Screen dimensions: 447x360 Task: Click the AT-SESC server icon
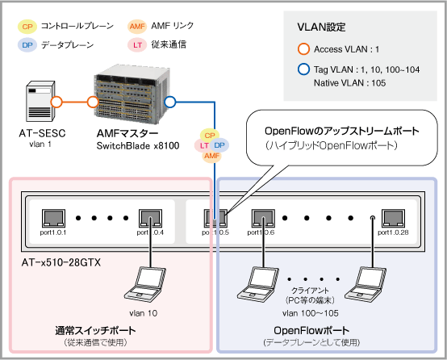click(x=40, y=102)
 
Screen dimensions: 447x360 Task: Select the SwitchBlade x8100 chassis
click(x=132, y=94)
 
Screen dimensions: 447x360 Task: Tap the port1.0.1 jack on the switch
click(x=53, y=219)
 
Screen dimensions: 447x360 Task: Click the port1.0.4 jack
click(x=150, y=219)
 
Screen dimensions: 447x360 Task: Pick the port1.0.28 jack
click(x=393, y=219)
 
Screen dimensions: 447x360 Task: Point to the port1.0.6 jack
click(x=263, y=219)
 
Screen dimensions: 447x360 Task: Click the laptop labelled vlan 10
click(x=145, y=285)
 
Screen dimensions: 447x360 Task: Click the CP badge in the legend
click(x=27, y=27)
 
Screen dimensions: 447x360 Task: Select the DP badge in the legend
click(x=27, y=45)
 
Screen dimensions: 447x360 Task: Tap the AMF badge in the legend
click(x=137, y=27)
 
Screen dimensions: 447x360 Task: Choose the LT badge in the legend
click(x=137, y=45)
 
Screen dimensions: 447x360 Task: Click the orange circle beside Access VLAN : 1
click(x=303, y=48)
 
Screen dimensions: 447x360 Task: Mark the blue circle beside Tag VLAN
click(x=303, y=69)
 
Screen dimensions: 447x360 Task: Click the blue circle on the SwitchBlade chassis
click(x=170, y=102)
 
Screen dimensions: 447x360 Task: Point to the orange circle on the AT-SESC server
click(x=56, y=102)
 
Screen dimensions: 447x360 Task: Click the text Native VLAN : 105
click(x=350, y=83)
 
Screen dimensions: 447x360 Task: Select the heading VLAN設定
click(x=321, y=27)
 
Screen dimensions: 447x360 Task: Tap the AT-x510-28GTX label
click(x=61, y=262)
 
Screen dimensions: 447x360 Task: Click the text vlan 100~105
click(x=311, y=313)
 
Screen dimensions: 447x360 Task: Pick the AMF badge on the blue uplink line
click(x=212, y=156)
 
